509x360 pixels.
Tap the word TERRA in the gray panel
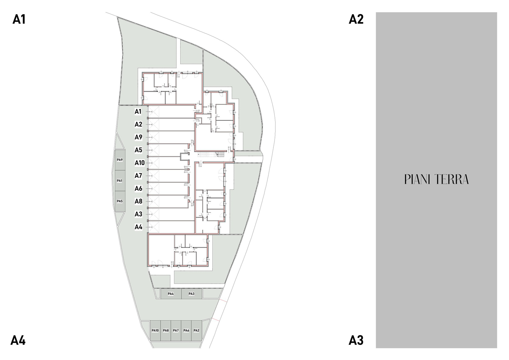coord(452,179)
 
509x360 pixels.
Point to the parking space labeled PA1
coord(120,181)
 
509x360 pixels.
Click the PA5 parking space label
coord(120,201)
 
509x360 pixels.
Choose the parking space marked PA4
coord(171,294)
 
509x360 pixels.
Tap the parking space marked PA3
coord(192,294)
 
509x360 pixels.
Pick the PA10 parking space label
coord(155,331)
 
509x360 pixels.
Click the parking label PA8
coord(166,331)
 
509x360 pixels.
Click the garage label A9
coord(139,137)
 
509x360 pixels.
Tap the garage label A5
coord(139,150)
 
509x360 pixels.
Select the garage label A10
coord(140,163)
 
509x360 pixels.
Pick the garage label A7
coord(139,176)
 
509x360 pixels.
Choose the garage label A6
coord(139,188)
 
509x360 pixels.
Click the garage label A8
coord(139,201)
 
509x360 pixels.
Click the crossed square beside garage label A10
coord(153,163)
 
